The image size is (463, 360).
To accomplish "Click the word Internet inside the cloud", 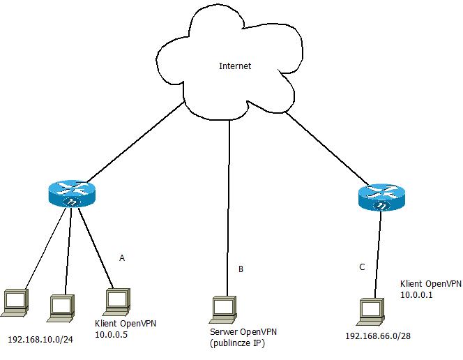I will coord(234,66).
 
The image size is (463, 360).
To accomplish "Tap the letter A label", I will coord(122,258).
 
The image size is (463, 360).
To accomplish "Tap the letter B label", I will coord(241,269).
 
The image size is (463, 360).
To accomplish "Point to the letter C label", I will coord(361,267).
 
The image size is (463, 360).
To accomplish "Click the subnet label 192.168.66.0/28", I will coord(377,336).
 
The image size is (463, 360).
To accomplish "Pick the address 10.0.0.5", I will coord(111,335).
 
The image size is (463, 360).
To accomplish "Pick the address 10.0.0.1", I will coord(417,295).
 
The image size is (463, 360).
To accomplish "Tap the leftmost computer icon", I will coord(15,301).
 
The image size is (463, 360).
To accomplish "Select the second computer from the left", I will coord(62,306).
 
